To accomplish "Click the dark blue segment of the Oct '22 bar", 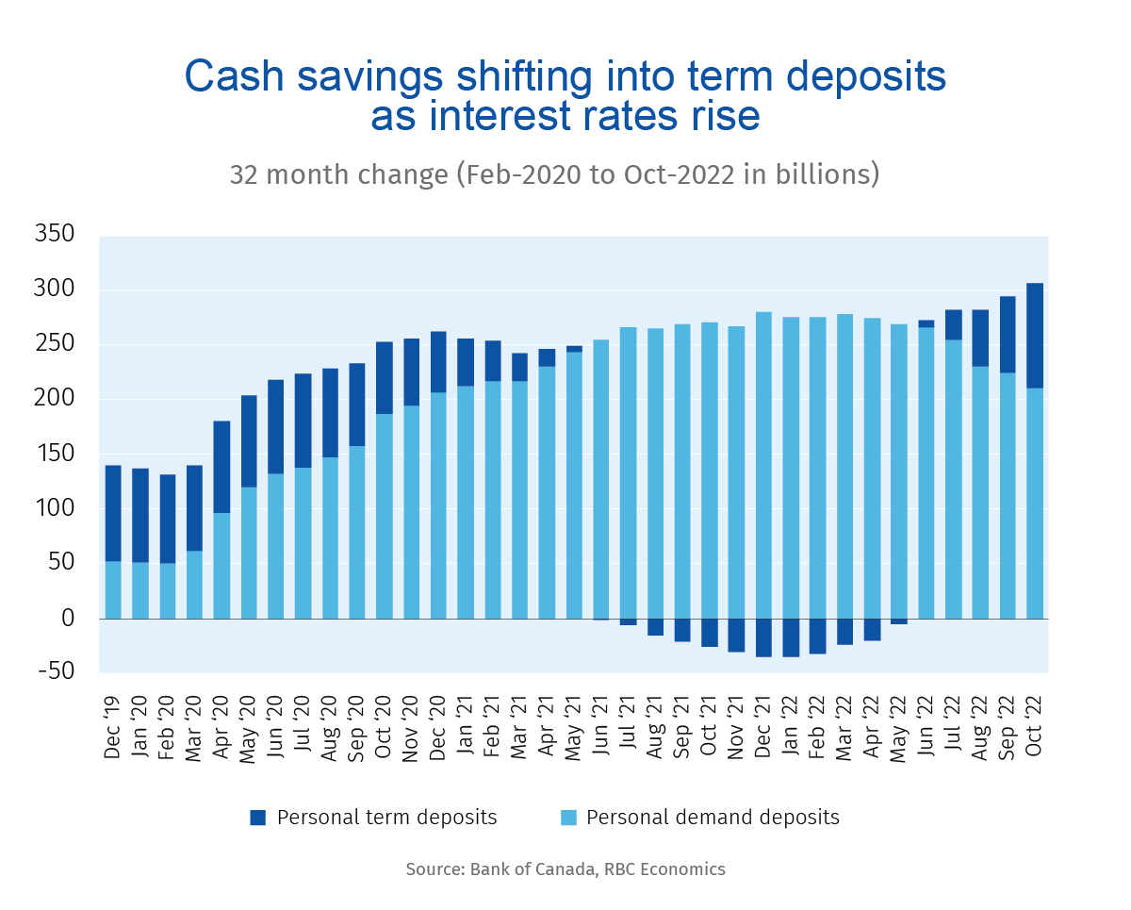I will tap(1034, 336).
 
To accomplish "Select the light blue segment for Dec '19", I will tap(113, 589).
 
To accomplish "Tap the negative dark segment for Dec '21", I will tap(763, 637).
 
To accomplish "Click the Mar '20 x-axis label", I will tap(195, 720).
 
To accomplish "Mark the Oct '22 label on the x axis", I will tap(1035, 720).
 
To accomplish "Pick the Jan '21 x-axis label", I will tap(466, 720).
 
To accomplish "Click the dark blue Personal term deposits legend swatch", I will tap(258, 818).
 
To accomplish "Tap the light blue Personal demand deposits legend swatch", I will tap(568, 818).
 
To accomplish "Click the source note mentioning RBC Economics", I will tap(565, 869).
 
